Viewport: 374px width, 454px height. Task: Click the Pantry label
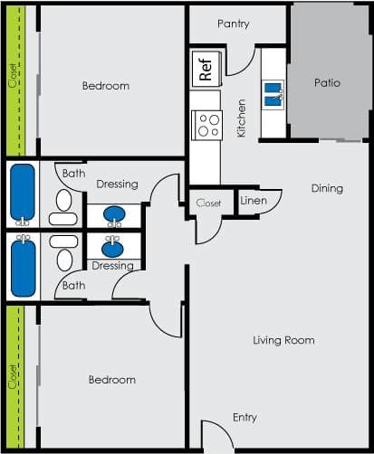click(x=234, y=24)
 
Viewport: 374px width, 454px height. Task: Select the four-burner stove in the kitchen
click(x=207, y=124)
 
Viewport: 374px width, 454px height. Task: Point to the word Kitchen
click(x=242, y=118)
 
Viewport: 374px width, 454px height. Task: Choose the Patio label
click(x=327, y=82)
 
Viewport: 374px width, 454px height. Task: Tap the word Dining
click(x=327, y=189)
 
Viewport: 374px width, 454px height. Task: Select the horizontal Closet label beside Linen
click(x=208, y=203)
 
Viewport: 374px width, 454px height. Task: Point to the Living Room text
click(x=283, y=340)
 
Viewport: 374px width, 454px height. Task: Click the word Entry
click(x=245, y=418)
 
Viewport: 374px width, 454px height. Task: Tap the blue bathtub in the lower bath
click(x=23, y=268)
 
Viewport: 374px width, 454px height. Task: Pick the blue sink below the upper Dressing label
click(x=114, y=215)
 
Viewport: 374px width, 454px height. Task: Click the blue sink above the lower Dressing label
click(x=113, y=247)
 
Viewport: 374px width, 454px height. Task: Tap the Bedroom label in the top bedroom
click(x=106, y=86)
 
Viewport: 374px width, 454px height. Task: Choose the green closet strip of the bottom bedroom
click(x=13, y=375)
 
